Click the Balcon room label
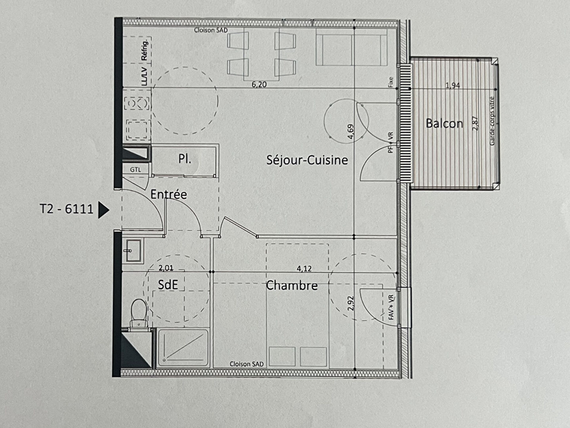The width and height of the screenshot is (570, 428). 445,124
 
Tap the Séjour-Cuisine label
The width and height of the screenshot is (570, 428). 307,160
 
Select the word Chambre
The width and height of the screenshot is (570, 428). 292,286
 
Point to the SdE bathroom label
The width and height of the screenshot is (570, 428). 168,285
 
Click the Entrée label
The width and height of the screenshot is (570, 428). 169,195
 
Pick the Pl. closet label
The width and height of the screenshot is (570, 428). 185,159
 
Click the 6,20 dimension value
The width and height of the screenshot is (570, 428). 259,84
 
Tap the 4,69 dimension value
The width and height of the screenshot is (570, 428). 350,132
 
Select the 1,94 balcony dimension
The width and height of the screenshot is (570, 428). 453,85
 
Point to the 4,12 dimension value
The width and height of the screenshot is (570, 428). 304,269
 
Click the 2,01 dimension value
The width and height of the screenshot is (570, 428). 166,268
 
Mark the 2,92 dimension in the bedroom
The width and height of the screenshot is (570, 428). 351,304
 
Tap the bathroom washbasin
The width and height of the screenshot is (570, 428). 134,250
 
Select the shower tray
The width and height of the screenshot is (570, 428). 184,348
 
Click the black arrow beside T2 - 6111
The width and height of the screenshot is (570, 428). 103,210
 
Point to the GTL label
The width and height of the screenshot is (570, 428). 136,170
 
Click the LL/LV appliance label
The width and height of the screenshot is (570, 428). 144,76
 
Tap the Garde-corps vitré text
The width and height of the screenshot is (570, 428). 492,121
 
